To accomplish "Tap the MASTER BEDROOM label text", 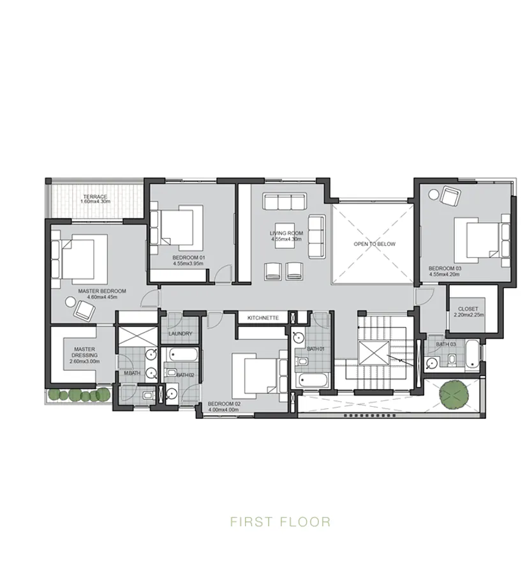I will tap(102, 291).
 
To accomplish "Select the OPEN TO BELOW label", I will tap(374, 244).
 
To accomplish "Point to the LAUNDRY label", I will tap(181, 334).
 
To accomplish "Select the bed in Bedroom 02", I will tap(256, 374).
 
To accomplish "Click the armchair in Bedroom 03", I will tap(451, 197).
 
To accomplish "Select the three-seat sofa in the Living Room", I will tap(285, 202).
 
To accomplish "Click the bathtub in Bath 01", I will tap(312, 381).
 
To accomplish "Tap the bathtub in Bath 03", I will tap(471, 354).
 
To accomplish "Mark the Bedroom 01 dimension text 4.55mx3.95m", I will tap(188, 263).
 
